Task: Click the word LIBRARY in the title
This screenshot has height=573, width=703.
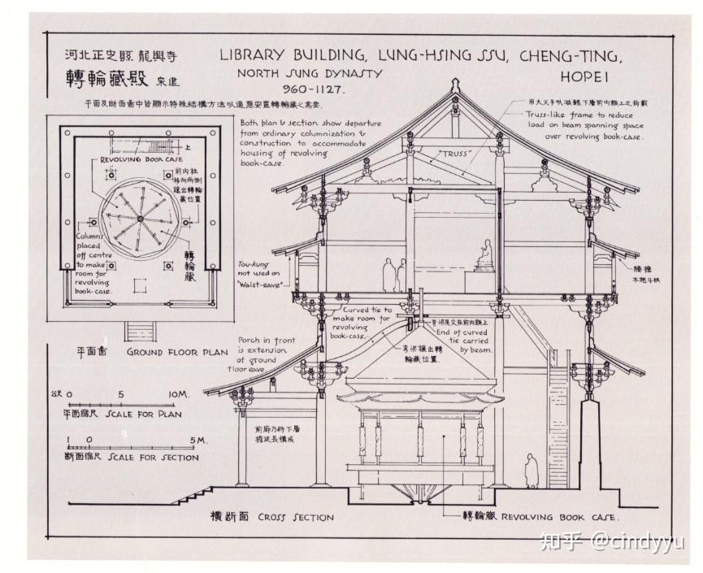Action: [x=255, y=56]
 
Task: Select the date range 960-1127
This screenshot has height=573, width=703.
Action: [x=313, y=89]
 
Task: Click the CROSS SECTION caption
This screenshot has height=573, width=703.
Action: [x=296, y=517]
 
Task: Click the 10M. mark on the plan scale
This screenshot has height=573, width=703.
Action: [x=179, y=394]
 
